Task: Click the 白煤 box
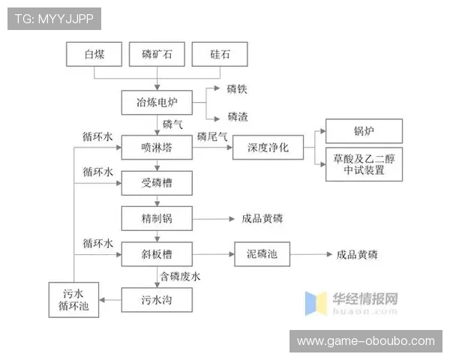[94, 54]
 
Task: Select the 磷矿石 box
[156, 54]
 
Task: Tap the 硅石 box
[219, 54]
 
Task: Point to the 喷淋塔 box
[156, 148]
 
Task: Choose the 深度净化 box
[267, 148]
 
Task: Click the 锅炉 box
[364, 131]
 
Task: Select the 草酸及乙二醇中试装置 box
[364, 164]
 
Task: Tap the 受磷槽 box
[156, 182]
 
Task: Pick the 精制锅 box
[156, 218]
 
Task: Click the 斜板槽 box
[156, 254]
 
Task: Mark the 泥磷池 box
[262, 254]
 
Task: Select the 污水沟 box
[156, 300]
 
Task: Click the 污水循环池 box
[73, 299]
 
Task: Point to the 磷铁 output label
[238, 89]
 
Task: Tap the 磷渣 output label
[238, 117]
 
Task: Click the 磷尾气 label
[211, 136]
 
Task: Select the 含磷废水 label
[180, 276]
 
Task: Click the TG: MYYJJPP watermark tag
[53, 19]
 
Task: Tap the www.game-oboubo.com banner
[365, 340]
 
